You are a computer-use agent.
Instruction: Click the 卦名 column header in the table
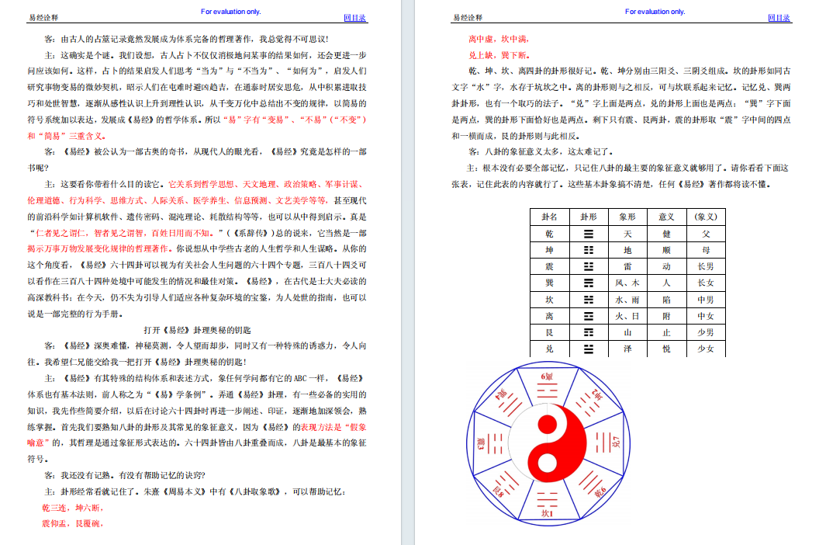549,217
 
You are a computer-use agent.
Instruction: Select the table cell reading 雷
627,266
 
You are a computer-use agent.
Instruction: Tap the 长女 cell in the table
705,283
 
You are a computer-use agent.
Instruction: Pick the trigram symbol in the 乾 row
589,234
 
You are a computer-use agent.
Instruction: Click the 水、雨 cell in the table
627,300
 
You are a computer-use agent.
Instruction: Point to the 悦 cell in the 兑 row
666,349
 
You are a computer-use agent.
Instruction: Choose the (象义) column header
705,217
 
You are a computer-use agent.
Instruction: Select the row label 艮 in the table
549,332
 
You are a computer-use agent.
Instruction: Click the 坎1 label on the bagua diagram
548,512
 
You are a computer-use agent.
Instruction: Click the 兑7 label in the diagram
616,445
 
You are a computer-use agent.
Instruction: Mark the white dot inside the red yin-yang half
548,463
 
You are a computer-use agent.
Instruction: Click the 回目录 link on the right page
779,18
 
